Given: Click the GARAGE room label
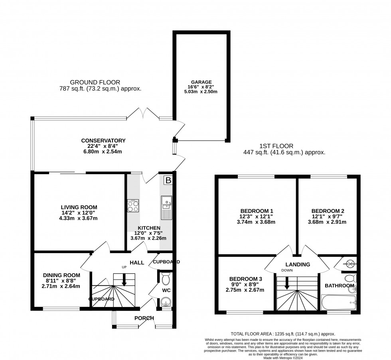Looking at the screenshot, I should tap(201, 82).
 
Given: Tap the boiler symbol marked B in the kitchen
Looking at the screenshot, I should tap(168, 181).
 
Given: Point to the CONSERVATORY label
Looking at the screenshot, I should tap(103, 141).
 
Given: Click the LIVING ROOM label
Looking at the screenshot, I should tap(79, 207).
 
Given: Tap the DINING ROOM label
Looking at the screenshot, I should tap(61, 275).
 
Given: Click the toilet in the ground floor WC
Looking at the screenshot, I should tap(166, 279).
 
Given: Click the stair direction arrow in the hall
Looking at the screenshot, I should tap(124, 281).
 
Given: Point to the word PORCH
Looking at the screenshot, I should tap(144, 318).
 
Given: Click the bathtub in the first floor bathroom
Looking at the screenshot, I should tap(338, 302).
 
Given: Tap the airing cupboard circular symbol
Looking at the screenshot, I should tap(350, 263).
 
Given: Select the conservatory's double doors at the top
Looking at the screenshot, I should tap(143, 114).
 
